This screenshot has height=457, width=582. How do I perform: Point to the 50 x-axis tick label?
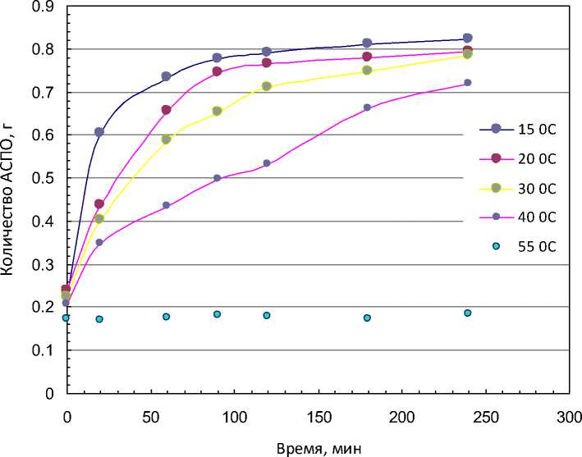(x=149, y=416)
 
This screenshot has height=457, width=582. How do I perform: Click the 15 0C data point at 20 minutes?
(x=99, y=132)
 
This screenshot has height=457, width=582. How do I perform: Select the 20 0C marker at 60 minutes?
(x=167, y=110)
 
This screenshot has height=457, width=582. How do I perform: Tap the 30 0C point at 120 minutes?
(x=267, y=86)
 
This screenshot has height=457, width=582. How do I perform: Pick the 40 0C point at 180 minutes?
(x=367, y=107)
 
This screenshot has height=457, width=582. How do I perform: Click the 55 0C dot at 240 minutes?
(x=467, y=313)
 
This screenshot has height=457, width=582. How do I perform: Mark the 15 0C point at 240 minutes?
(x=467, y=38)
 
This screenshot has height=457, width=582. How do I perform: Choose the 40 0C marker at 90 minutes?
(x=217, y=178)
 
